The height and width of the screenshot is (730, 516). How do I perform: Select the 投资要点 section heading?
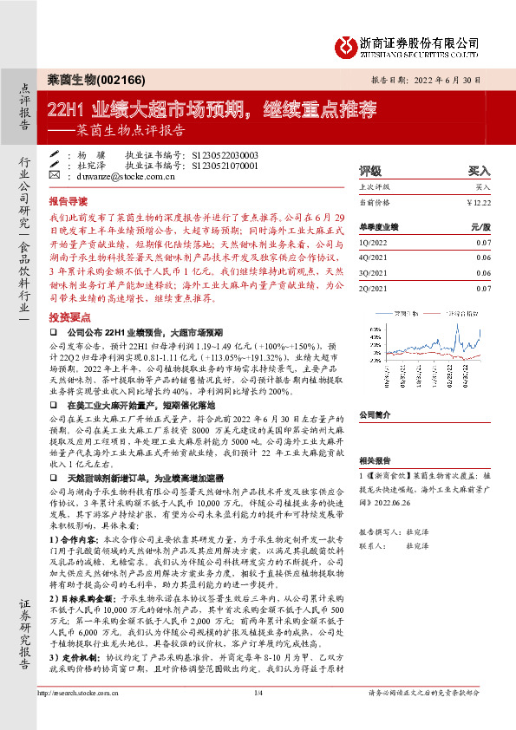[x=69, y=317]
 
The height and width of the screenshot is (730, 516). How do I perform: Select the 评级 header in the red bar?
[x=370, y=171]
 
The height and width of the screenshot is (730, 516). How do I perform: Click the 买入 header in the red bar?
[x=479, y=171]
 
